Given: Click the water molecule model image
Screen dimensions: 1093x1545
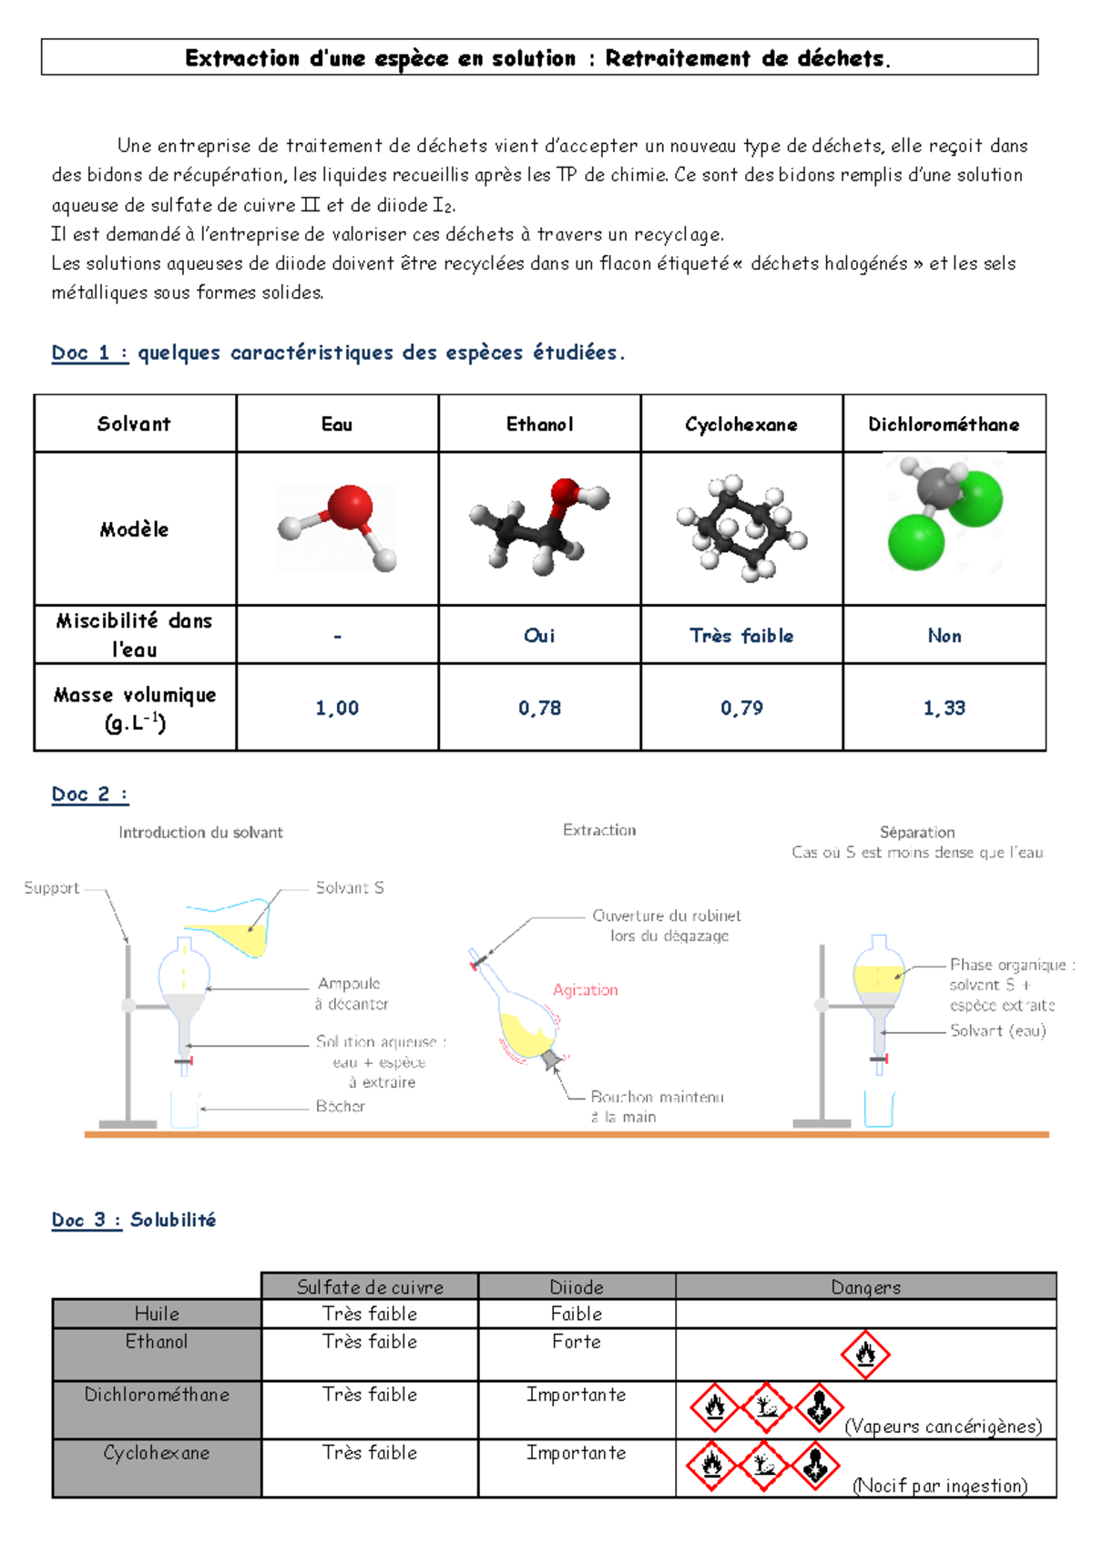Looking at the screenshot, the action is tap(337, 528).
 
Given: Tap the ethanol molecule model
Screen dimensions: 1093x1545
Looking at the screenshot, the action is tap(539, 527).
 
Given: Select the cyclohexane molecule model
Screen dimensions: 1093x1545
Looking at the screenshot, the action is tap(741, 528).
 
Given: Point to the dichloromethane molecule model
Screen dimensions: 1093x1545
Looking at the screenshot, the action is tap(945, 513).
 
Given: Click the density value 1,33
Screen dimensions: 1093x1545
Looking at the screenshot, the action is tap(944, 708).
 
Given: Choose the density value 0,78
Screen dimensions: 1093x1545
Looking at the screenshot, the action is tap(539, 708).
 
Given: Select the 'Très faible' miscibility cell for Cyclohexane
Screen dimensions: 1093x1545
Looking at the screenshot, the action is tap(741, 635).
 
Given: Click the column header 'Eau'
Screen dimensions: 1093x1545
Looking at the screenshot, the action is tap(336, 425).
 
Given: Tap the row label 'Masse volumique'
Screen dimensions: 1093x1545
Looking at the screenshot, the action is tap(135, 694).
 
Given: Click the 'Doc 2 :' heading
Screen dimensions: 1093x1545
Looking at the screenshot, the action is tap(89, 793).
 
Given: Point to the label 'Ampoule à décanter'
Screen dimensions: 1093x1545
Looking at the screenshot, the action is tap(351, 993).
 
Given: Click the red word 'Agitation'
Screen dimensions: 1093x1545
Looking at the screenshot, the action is tap(586, 989).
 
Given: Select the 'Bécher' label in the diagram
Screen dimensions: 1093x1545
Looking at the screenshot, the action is tap(340, 1106).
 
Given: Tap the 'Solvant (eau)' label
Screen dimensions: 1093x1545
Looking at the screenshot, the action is tap(998, 1030).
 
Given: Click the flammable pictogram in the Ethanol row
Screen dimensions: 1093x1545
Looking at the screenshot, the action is tap(865, 1354).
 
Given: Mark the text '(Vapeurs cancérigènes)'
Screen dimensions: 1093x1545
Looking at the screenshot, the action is tap(944, 1426).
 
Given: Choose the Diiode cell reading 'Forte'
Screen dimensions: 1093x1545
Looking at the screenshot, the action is tap(577, 1341).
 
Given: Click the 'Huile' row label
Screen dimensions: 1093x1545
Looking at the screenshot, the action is tap(157, 1314).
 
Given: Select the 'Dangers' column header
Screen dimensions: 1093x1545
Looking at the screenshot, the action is tap(866, 1287).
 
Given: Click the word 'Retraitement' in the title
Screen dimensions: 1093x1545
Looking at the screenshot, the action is tap(678, 58).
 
